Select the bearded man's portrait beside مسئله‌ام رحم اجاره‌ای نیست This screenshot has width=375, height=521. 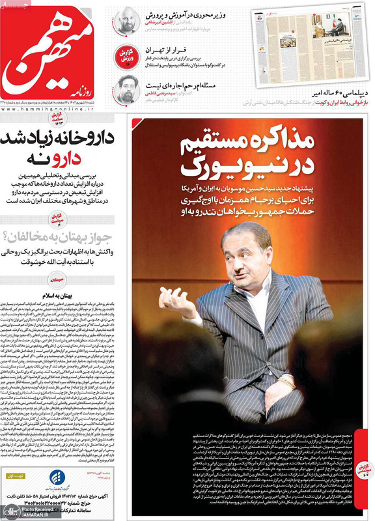(x=126, y=87)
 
